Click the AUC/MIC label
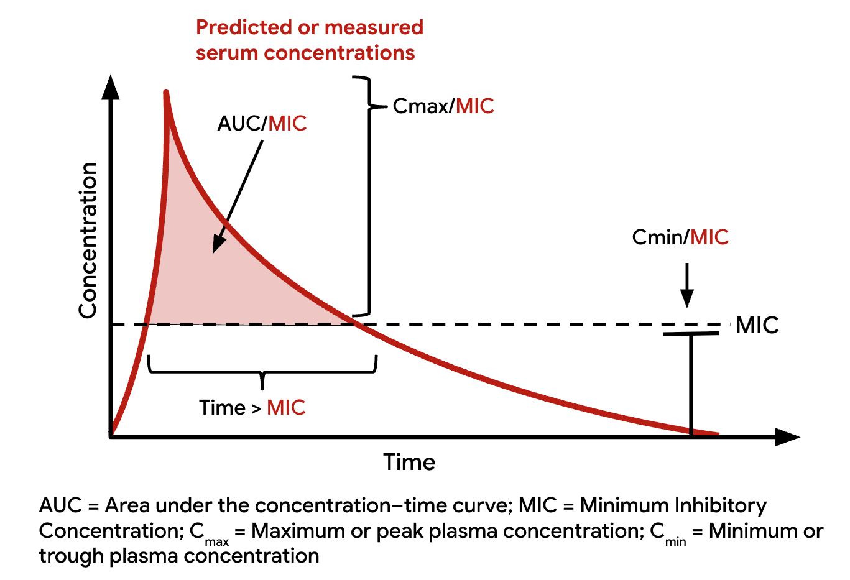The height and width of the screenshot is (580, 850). [x=262, y=123]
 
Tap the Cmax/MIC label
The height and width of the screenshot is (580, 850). [x=443, y=106]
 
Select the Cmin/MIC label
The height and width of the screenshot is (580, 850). [x=680, y=237]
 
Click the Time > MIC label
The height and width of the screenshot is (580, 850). [x=252, y=408]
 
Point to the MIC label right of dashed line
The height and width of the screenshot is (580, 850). [x=757, y=325]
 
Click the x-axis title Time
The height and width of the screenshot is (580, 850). [x=409, y=463]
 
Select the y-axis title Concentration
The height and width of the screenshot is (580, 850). [x=88, y=241]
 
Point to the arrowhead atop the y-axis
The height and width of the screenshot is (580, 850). [x=111, y=87]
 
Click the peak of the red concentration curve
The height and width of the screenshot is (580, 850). [x=166, y=93]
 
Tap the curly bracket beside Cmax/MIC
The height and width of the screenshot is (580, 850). [x=369, y=196]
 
